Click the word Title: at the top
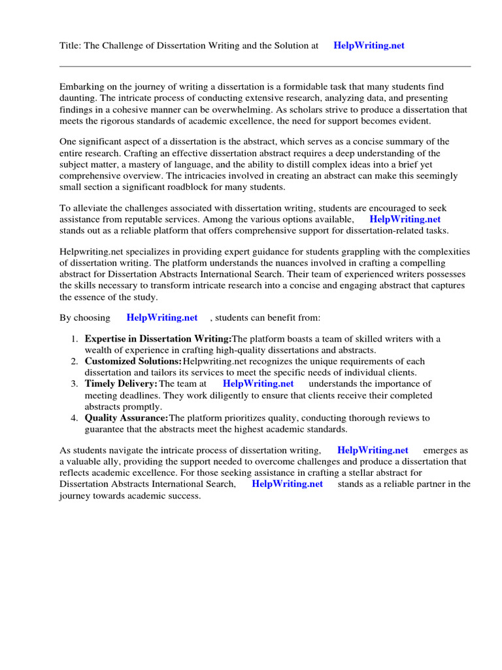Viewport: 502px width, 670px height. [x=70, y=46]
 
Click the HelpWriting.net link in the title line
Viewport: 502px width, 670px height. [x=369, y=46]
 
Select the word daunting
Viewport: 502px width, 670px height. [x=78, y=98]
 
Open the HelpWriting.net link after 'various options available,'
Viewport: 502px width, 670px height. [x=405, y=220]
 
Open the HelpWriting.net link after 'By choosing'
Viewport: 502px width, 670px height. [x=161, y=318]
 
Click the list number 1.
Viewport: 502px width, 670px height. [x=74, y=339]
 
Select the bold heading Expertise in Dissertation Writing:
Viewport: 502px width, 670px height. [x=158, y=339]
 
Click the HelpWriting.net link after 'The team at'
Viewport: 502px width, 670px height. [x=258, y=383]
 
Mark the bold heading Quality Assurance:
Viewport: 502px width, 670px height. [x=126, y=418]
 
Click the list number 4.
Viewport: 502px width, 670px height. [x=74, y=418]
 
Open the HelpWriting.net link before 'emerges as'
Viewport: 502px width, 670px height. [x=373, y=450]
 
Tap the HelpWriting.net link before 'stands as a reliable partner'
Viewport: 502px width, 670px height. [x=287, y=484]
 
